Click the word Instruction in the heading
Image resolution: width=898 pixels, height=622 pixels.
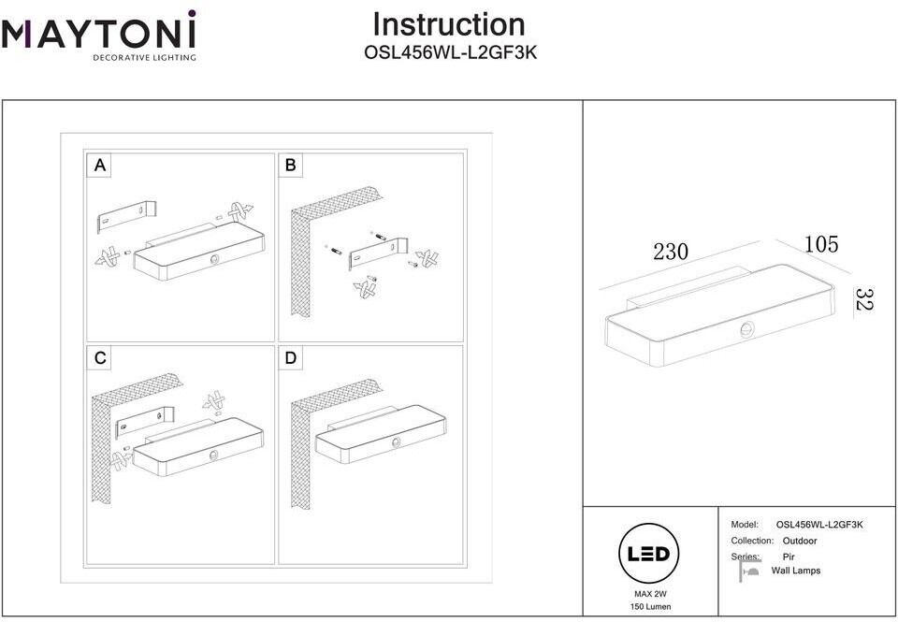[x=449, y=24]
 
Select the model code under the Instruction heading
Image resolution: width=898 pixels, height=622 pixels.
[x=449, y=54]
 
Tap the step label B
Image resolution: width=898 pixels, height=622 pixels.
[x=291, y=166]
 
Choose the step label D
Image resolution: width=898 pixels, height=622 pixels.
[x=291, y=358]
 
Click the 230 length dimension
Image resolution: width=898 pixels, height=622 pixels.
[x=671, y=251]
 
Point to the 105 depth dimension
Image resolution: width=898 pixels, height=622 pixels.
[x=821, y=245]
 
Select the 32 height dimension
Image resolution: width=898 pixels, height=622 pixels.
[x=864, y=300]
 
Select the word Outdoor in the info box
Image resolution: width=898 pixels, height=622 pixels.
[x=799, y=541]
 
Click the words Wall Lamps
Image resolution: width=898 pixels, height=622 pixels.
[x=795, y=571]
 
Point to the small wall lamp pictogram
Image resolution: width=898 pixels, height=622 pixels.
[x=748, y=571]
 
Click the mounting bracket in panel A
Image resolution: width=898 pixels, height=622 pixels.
[x=126, y=216]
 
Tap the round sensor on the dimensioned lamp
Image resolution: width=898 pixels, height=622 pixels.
[x=746, y=330]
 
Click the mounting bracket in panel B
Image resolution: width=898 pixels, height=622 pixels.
[x=379, y=252]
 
